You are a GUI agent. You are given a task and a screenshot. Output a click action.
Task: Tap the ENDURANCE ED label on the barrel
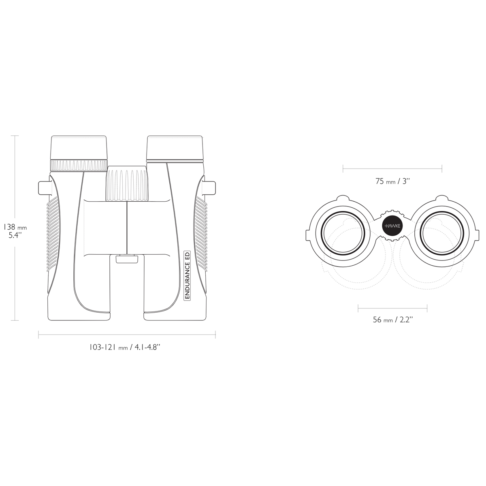click(x=187, y=276)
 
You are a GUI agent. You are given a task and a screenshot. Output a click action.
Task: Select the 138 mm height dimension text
click(x=15, y=227)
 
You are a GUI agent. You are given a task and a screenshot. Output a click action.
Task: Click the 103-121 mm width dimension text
click(x=125, y=347)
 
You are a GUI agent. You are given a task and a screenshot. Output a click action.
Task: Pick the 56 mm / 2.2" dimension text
click(x=392, y=320)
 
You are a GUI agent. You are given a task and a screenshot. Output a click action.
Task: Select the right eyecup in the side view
click(x=175, y=148)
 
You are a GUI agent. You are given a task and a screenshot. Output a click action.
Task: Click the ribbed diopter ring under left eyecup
click(x=79, y=166)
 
